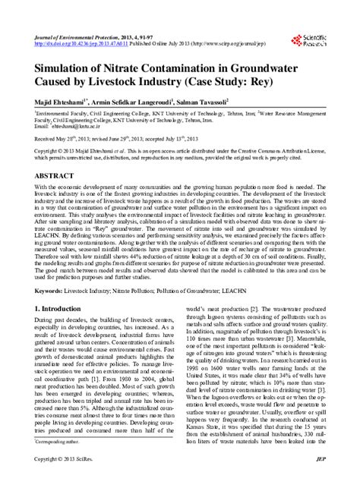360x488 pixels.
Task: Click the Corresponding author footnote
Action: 61,461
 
